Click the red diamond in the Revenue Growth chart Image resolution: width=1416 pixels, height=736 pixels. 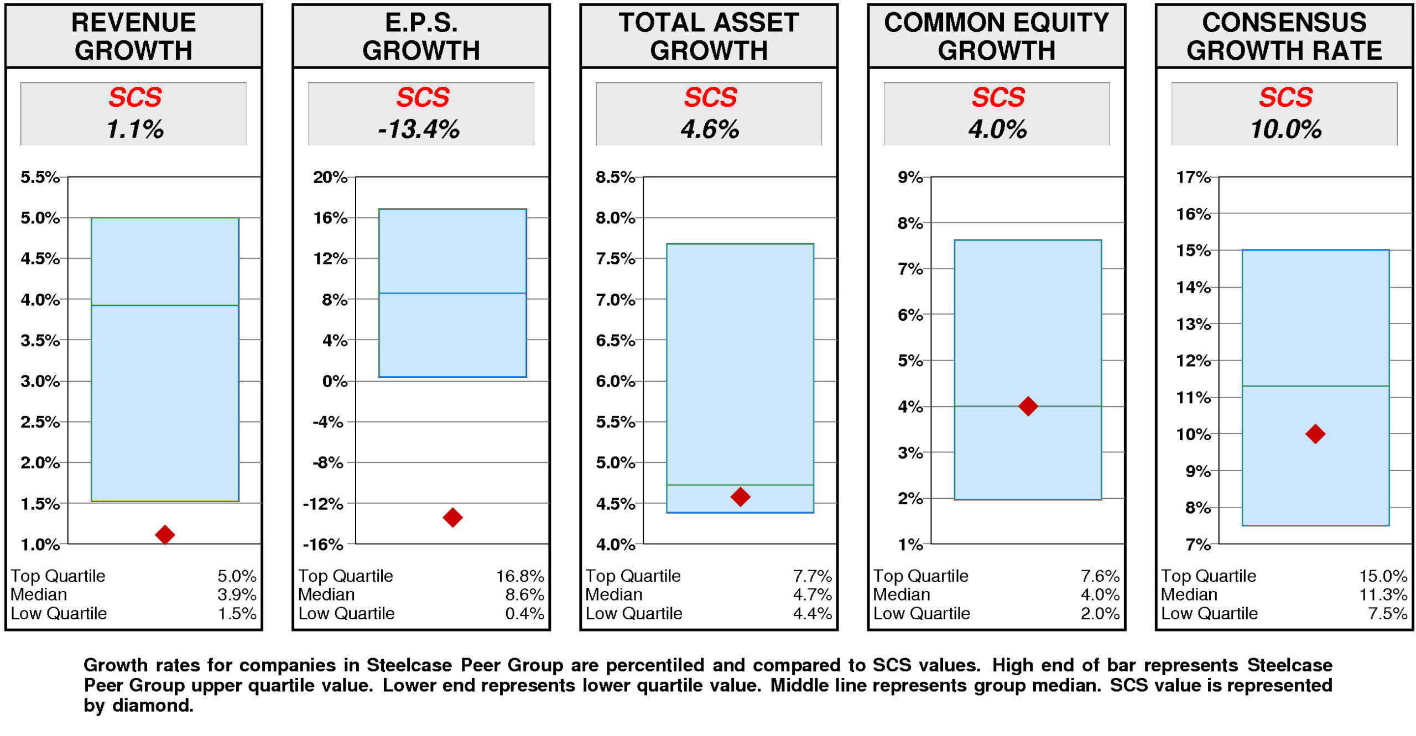tap(165, 534)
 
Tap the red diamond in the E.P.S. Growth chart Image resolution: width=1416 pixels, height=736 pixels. tap(452, 517)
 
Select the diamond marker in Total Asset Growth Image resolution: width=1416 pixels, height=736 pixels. tap(740, 497)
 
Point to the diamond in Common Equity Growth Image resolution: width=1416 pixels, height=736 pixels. tap(1028, 406)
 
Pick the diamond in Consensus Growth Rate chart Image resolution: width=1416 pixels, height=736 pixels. tap(1315, 434)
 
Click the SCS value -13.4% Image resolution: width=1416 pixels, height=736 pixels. tap(419, 129)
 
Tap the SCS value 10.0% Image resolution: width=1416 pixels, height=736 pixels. tap(1285, 129)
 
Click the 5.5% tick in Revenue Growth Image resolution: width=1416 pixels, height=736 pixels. tap(40, 177)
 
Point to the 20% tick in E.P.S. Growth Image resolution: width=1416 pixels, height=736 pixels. tap(330, 177)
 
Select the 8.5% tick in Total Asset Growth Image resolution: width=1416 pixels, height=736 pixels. tap(615, 177)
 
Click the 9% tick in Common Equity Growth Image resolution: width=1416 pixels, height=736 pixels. tap(910, 177)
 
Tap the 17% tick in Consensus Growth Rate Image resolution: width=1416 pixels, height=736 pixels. tap(1193, 177)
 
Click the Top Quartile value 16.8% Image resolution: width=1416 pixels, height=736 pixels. tap(519, 576)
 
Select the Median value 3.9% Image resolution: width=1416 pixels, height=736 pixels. tap(237, 594)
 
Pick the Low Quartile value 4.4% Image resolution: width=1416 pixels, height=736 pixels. tap(812, 613)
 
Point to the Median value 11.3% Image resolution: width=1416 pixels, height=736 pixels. tap(1383, 594)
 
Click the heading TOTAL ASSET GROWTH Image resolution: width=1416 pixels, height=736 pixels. tap(709, 36)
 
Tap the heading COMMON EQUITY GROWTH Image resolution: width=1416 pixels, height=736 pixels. tap(996, 36)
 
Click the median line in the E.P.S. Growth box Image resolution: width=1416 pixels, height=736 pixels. tap(452, 293)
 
